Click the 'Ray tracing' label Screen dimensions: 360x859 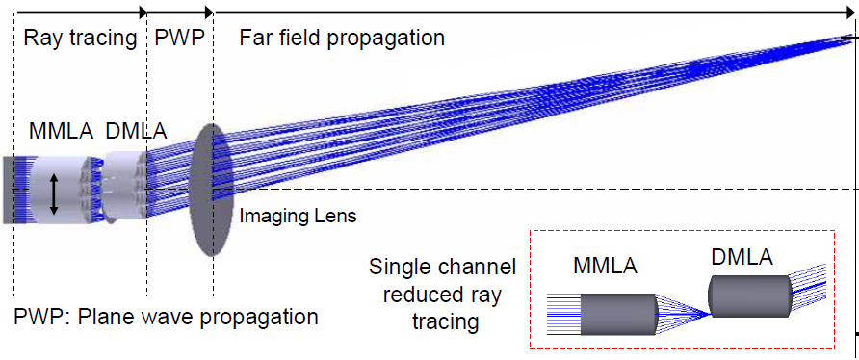[80, 39]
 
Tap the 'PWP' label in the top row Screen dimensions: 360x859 [178, 39]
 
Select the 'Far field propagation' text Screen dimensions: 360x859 [341, 39]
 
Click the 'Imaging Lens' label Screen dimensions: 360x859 [298, 217]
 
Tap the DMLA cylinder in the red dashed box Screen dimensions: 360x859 [749, 296]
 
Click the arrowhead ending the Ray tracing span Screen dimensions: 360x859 [143, 13]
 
